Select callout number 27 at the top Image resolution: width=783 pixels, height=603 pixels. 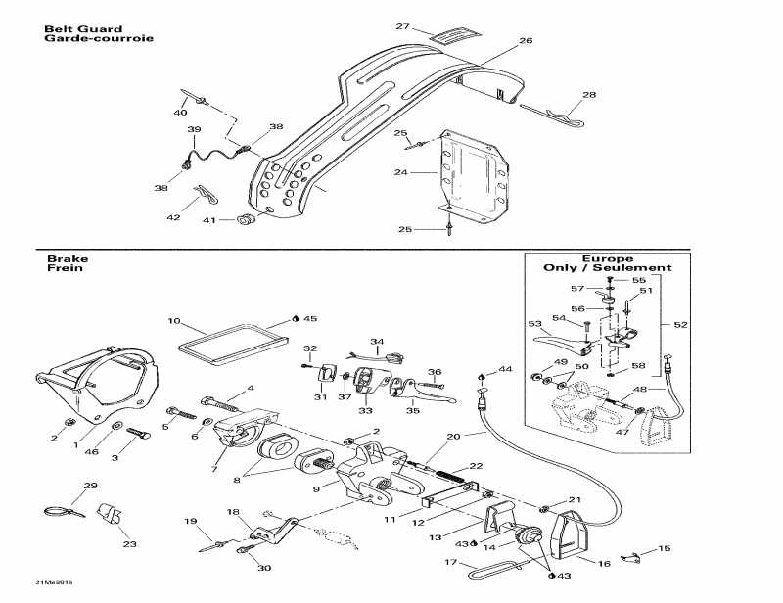tap(402, 26)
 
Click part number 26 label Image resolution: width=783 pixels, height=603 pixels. tap(526, 41)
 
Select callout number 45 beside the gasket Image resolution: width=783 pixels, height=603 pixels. tap(310, 319)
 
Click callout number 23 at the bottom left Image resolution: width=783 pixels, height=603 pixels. tap(129, 545)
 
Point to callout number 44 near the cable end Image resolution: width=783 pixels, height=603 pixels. tap(505, 369)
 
